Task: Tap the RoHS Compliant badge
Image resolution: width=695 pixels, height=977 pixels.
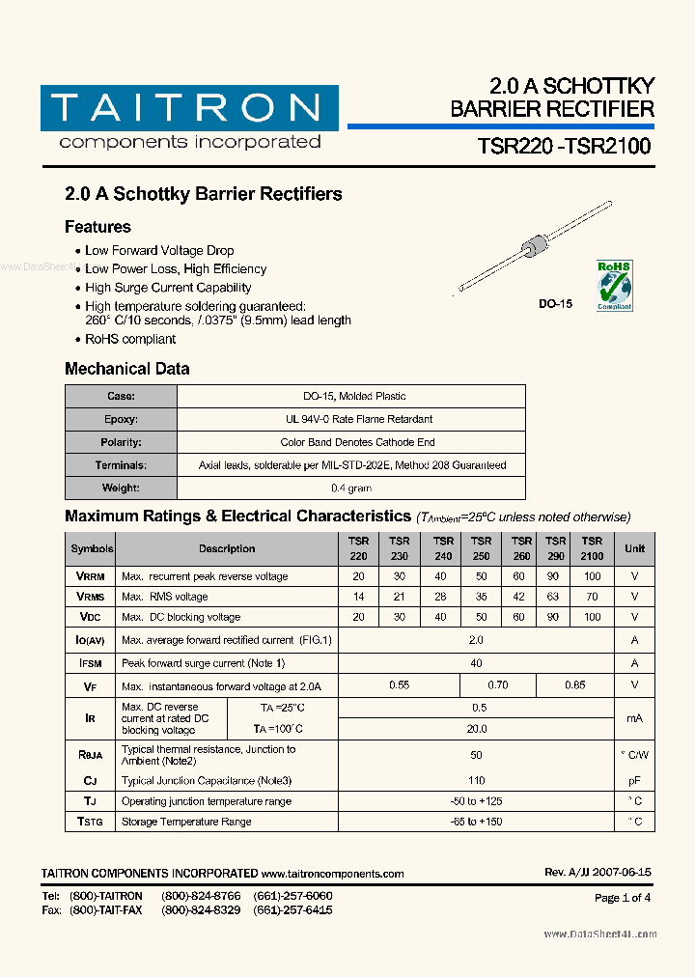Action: point(613,284)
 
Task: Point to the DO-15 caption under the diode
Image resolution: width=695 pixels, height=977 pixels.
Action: point(555,304)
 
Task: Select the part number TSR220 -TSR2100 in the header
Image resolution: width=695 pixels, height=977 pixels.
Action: point(564,146)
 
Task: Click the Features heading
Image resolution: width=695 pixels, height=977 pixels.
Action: point(97,227)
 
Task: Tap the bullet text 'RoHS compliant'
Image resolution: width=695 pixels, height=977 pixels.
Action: point(130,339)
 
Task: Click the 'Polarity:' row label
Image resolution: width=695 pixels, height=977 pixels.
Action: point(122,442)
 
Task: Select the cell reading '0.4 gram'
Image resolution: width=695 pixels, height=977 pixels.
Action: point(351,488)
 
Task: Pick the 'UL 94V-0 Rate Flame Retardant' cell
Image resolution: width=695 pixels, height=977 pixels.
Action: point(351,419)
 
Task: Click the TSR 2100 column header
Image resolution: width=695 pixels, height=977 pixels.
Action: point(592,548)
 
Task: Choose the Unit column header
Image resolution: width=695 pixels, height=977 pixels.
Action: point(634,548)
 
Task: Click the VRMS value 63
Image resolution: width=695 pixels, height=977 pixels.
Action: point(555,597)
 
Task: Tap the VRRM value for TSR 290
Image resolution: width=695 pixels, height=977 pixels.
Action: point(555,576)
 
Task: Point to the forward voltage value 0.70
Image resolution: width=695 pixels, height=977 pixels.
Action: point(498,684)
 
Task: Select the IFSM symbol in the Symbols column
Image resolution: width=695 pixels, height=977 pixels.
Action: point(91,663)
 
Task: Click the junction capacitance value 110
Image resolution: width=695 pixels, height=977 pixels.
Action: point(476,780)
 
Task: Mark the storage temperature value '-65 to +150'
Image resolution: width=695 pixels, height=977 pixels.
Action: point(476,822)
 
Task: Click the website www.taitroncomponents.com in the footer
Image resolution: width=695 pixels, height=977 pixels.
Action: point(333,873)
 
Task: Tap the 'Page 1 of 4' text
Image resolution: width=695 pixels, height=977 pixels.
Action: point(623,897)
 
